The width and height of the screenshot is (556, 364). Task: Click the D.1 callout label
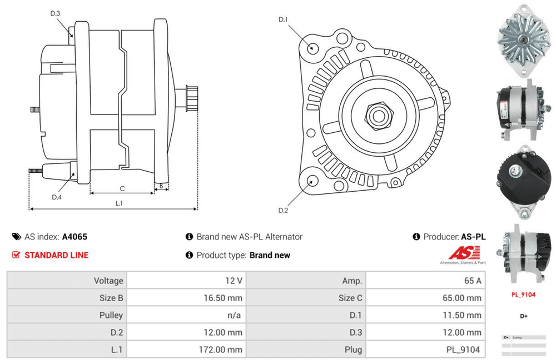283,20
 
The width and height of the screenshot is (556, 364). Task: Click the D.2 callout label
283,210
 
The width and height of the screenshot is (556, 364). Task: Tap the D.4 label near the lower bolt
56,197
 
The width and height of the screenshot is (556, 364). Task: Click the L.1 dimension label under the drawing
119,203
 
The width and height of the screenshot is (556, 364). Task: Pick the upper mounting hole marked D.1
312,47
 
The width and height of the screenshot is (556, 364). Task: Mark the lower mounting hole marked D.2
312,181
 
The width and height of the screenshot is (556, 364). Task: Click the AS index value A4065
75,237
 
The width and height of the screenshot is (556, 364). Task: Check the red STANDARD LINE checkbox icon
16,255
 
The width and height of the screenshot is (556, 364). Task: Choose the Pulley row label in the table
111,315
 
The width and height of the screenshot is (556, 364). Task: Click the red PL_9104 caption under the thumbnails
523,295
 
